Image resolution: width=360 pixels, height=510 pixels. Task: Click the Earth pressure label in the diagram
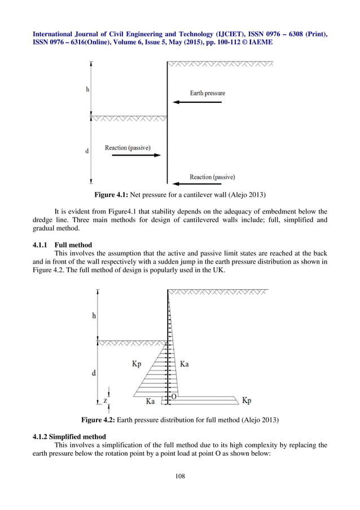pyautogui.click(x=207, y=93)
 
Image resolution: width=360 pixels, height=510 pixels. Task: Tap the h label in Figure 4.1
pyautogui.click(x=87, y=89)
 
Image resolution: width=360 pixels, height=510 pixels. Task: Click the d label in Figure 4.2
pyautogui.click(x=93, y=373)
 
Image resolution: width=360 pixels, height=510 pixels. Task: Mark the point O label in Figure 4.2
pyautogui.click(x=174, y=397)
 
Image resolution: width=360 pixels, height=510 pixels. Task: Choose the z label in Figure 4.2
pyautogui.click(x=105, y=400)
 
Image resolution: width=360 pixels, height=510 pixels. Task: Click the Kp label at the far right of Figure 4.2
pyautogui.click(x=247, y=400)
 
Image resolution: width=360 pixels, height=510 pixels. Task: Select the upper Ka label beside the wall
pyautogui.click(x=184, y=364)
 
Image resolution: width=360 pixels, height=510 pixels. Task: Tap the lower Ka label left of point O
pyautogui.click(x=151, y=402)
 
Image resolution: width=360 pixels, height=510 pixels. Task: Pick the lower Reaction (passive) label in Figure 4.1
pyautogui.click(x=212, y=177)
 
